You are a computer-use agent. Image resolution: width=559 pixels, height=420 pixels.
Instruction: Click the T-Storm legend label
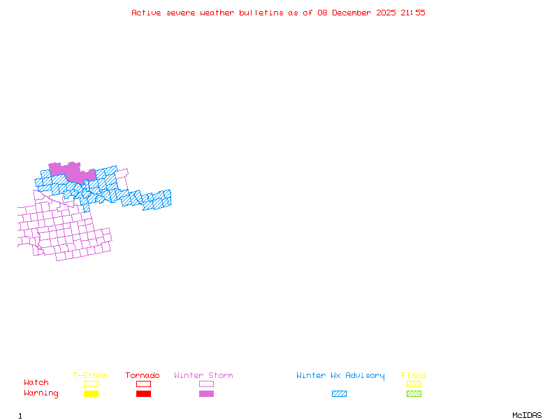(90, 376)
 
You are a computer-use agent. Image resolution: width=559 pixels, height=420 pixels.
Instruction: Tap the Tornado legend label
(143, 376)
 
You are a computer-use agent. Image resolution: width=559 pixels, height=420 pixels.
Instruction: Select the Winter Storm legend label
(203, 376)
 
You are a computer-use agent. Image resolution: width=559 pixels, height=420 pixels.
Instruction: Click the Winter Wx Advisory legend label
(340, 376)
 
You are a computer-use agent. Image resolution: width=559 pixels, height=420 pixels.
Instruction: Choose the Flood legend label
(414, 376)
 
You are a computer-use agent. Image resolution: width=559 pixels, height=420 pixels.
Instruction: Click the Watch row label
(36, 383)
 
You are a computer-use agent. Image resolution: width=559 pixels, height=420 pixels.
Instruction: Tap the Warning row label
(41, 393)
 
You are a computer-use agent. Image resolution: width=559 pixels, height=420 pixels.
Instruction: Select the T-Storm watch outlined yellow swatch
(91, 384)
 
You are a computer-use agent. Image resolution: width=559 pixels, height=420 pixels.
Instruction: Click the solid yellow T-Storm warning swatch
(91, 394)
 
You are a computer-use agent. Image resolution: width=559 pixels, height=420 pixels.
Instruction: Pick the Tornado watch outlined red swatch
(143, 384)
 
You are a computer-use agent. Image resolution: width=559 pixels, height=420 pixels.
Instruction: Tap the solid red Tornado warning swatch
(143, 394)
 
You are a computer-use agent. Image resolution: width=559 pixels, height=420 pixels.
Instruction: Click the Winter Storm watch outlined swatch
(206, 384)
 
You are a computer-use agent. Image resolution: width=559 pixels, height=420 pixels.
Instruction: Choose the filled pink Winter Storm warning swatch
(206, 394)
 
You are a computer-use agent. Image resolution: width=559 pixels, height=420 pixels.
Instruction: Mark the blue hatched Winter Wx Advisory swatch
(339, 394)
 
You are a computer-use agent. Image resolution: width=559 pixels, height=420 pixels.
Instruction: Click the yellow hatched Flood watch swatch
(414, 384)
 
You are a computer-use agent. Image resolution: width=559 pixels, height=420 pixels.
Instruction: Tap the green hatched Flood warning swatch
(414, 394)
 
